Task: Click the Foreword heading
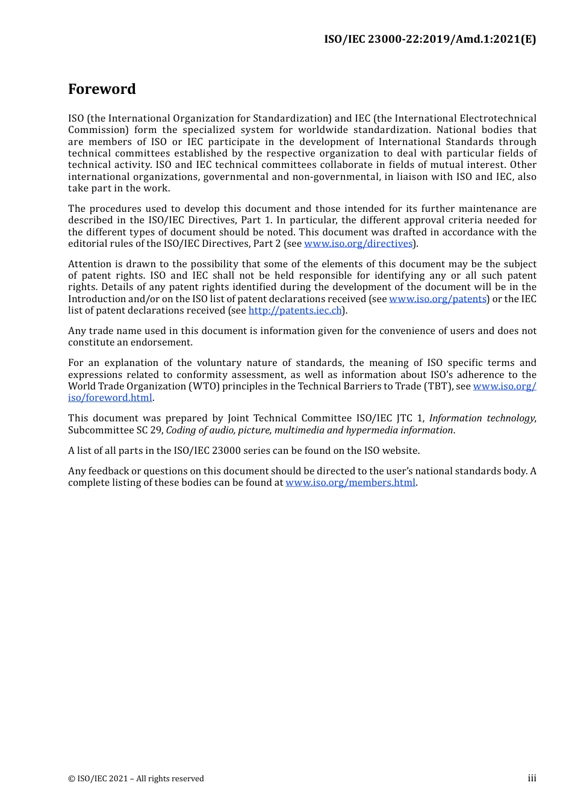click(x=102, y=89)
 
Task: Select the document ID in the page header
click(x=429, y=39)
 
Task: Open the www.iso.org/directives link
click(x=358, y=244)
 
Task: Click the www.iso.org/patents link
click(x=438, y=299)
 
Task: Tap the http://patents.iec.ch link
click(x=295, y=311)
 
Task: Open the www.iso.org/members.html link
click(x=350, y=483)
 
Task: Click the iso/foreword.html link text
click(x=110, y=398)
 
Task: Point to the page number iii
click(x=532, y=778)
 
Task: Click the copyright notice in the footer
click(x=136, y=779)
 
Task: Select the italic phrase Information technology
click(x=481, y=418)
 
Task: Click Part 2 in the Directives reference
click(x=267, y=244)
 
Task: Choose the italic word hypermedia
click(x=368, y=430)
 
